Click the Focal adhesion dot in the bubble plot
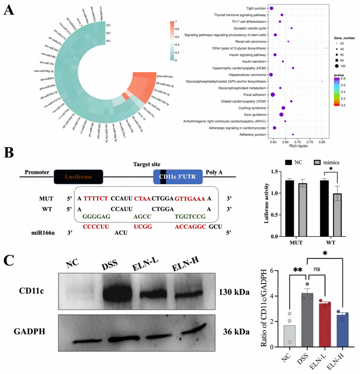coord(273,94)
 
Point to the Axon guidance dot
coord(281,115)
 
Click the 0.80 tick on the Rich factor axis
coord(322,141)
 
